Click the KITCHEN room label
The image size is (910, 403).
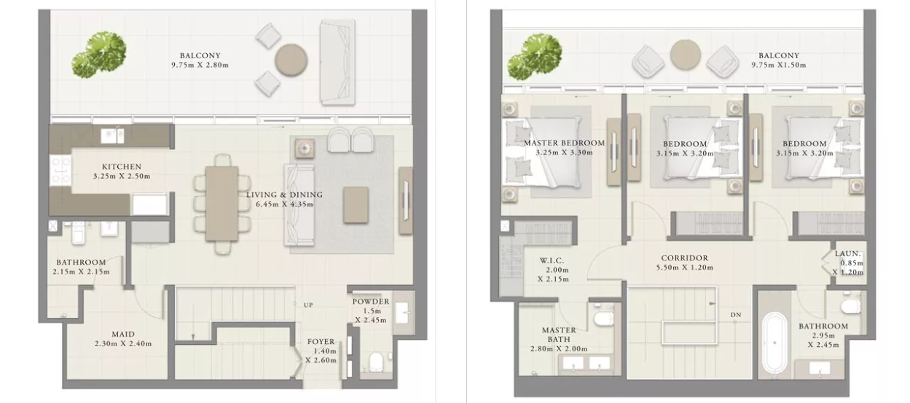pos(122,167)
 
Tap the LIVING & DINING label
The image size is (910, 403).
pos(284,195)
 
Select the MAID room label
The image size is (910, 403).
pos(123,334)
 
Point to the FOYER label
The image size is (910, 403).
pos(321,342)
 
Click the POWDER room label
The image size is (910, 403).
pos(371,302)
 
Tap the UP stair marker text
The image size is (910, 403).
pos(308,305)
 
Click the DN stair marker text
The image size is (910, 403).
pos(736,314)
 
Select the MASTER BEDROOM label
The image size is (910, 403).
pos(564,143)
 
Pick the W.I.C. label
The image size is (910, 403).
pos(552,260)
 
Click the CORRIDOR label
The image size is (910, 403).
pos(685,258)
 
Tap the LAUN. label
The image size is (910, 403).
pos(848,254)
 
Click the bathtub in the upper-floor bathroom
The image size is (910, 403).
pos(774,343)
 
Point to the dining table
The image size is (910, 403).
pos(221,204)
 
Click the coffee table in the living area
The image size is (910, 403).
pos(356,205)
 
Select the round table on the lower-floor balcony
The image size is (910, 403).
pos(291,60)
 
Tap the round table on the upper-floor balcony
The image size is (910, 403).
pos(686,55)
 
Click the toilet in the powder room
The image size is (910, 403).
pos(376,362)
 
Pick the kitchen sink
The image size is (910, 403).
pos(112,136)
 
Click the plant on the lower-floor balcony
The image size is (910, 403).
pos(98,55)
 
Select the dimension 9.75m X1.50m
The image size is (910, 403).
pos(778,65)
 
